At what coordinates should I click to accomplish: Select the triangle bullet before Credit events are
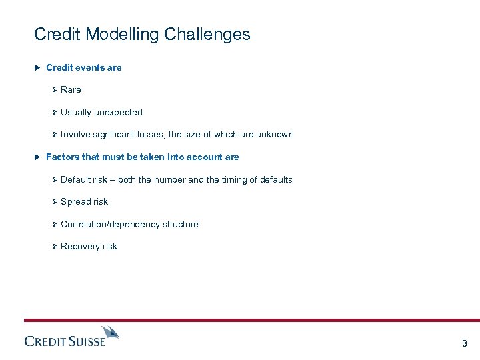coord(37,67)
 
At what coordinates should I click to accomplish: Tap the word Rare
coord(71,89)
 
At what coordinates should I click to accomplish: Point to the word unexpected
coord(118,112)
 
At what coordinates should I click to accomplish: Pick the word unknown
coord(275,134)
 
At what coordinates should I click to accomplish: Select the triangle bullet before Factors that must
coord(37,157)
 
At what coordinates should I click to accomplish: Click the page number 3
coord(465,344)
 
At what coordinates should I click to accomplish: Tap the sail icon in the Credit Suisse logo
coord(110,331)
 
